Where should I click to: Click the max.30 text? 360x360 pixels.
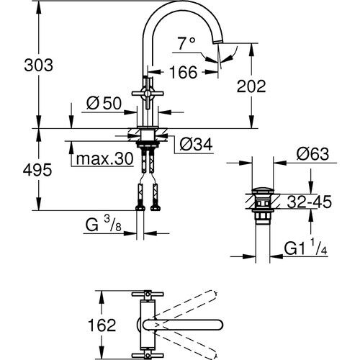point(104,159)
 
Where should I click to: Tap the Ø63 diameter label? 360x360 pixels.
point(312,153)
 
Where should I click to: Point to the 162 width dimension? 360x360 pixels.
point(106,325)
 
